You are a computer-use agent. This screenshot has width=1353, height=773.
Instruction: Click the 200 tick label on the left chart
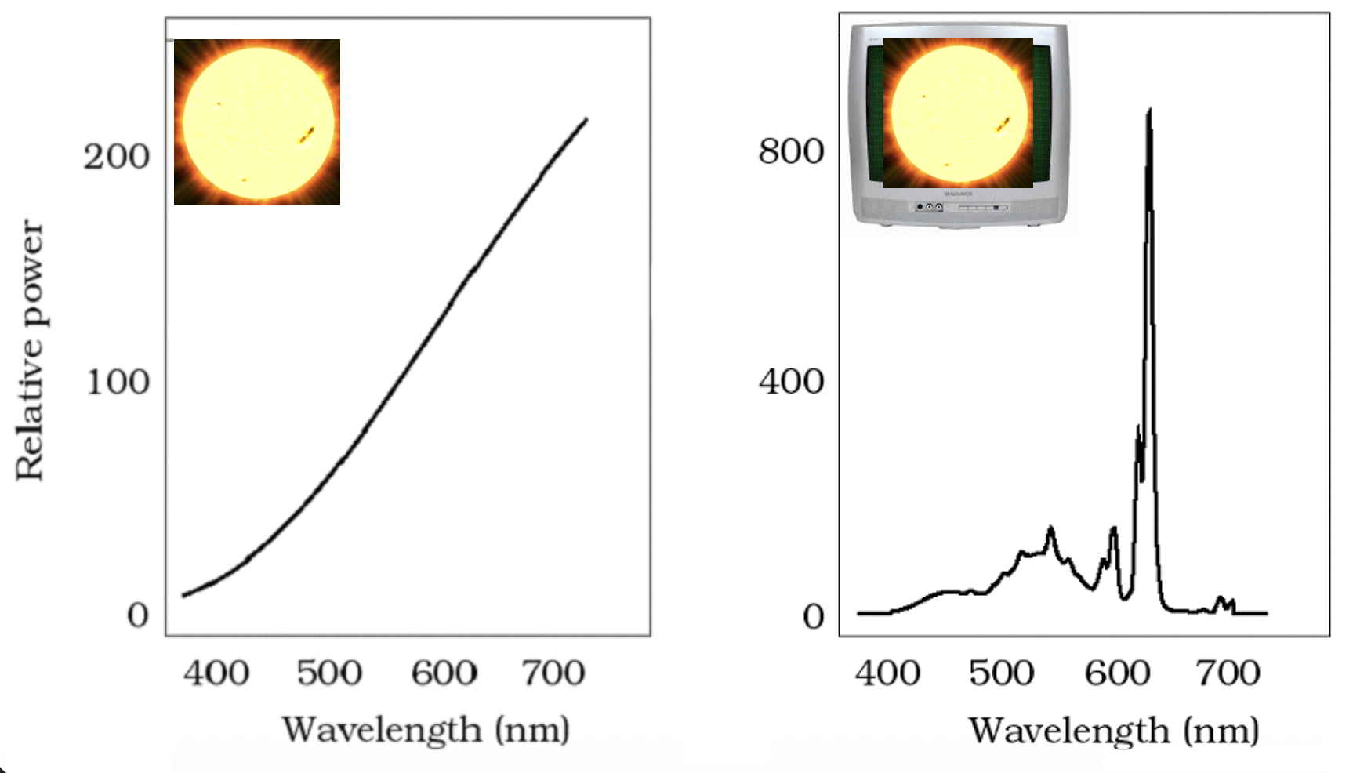pos(117,157)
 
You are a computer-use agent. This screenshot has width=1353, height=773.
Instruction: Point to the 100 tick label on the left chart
pos(118,383)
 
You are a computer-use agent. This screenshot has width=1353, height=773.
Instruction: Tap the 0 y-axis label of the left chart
pos(138,615)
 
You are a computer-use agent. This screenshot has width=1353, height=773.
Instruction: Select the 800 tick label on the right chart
pos(791,151)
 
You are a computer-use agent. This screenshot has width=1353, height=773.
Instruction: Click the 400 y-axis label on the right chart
pos(791,382)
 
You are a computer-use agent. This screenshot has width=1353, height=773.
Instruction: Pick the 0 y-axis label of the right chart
pos(814,617)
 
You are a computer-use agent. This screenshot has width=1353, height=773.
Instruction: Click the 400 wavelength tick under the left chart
pos(216,673)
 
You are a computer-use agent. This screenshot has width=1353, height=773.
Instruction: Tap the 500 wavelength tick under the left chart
pos(329,673)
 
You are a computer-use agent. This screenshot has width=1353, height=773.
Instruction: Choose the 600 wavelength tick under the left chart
pos(444,673)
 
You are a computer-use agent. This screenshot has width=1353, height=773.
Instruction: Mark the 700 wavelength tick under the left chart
pos(553,673)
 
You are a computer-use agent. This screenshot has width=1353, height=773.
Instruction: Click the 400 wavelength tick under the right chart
pos(887,673)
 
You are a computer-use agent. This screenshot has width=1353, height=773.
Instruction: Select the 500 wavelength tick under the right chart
pos(1001,673)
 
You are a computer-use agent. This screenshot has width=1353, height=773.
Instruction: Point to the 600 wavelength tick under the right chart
pos(1117,673)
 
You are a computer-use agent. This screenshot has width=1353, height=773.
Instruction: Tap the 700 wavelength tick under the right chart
pos(1228,673)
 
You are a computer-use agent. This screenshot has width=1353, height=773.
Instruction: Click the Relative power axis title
pos(31,350)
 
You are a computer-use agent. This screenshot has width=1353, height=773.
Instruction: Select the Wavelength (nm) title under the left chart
pos(426,730)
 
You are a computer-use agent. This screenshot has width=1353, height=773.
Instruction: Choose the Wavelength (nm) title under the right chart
pos(1114,731)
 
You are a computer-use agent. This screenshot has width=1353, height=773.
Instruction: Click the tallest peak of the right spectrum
pos(1149,111)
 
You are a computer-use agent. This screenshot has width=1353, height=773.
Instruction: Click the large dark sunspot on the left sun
pos(307,135)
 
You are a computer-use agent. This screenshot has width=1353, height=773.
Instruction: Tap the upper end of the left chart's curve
pos(586,120)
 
